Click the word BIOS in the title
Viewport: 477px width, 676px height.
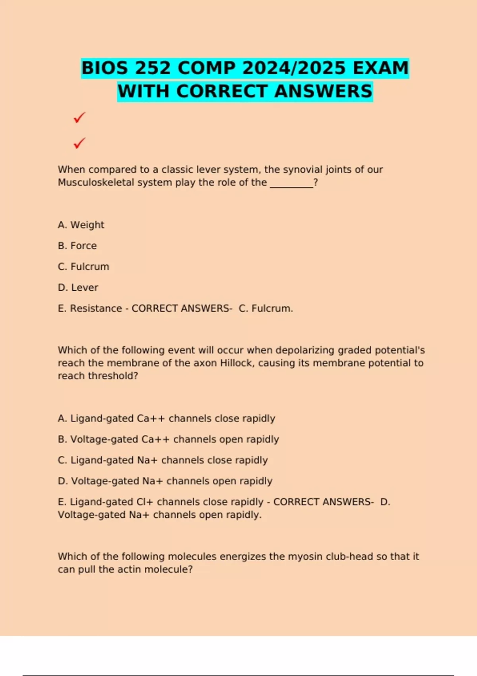click(x=105, y=68)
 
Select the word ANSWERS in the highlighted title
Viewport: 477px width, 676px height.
click(x=323, y=91)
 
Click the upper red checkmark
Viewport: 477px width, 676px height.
click(x=79, y=118)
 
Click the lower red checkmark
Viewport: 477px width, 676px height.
click(x=79, y=143)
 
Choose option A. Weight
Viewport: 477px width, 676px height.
click(x=81, y=225)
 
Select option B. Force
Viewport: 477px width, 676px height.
click(x=77, y=246)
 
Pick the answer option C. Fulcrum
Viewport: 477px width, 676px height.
click(x=83, y=267)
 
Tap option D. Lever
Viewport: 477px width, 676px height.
click(x=78, y=287)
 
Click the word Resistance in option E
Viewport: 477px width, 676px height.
click(x=96, y=309)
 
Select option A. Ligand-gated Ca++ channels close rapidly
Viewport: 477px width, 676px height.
click(x=166, y=419)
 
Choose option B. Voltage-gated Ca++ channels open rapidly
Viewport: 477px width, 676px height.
click(x=168, y=439)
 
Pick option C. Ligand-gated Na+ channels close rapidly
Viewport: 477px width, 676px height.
click(x=163, y=460)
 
